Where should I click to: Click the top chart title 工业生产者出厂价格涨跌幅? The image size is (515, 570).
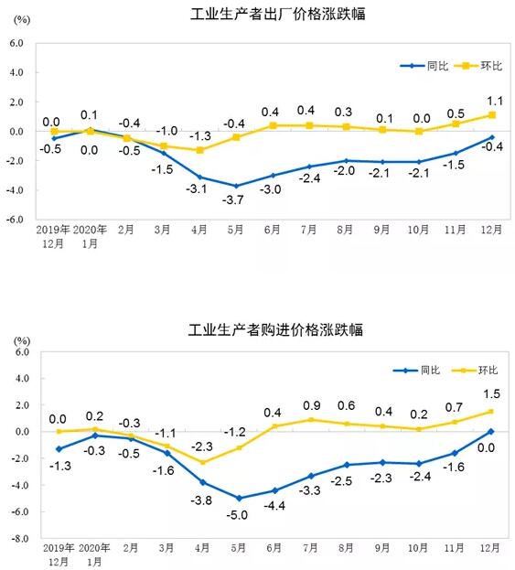pyautogui.click(x=278, y=14)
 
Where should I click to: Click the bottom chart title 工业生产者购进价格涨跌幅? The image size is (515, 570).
pyautogui.click(x=275, y=329)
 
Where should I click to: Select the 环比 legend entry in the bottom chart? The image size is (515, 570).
pyautogui.click(x=475, y=370)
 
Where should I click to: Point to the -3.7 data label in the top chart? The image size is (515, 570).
pyautogui.click(x=233, y=199)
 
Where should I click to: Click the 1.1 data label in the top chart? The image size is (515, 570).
pyautogui.click(x=495, y=101)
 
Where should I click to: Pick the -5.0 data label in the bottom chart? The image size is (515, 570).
pyautogui.click(x=237, y=515)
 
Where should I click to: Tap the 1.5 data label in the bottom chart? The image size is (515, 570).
pyautogui.click(x=492, y=393)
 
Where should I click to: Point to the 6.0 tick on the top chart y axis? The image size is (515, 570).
pyautogui.click(x=16, y=43)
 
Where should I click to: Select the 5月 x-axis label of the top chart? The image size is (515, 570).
pyautogui.click(x=235, y=230)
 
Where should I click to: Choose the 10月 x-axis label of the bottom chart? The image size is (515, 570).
pyautogui.click(x=418, y=547)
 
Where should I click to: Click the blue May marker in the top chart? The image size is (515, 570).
pyautogui.click(x=236, y=186)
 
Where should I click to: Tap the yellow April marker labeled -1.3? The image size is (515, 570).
pyautogui.click(x=199, y=150)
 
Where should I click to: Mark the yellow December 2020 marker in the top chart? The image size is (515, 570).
pyautogui.click(x=492, y=115)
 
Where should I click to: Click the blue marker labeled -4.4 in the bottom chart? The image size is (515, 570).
pyautogui.click(x=275, y=490)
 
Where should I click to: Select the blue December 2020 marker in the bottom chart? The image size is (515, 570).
pyautogui.click(x=491, y=432)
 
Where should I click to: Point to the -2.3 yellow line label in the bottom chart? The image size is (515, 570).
pyautogui.click(x=202, y=446)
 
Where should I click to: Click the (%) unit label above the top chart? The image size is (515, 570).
pyautogui.click(x=22, y=19)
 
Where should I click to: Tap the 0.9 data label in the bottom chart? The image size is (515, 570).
pyautogui.click(x=312, y=405)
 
